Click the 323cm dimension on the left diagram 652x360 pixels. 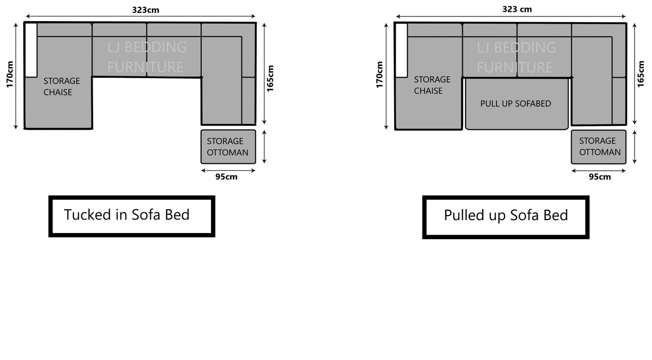pos(145,10)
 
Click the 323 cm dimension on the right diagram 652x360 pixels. pos(517,9)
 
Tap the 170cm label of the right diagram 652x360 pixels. pos(380,75)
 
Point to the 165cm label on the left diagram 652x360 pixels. pos(271,78)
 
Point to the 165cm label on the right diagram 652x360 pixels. pos(641,74)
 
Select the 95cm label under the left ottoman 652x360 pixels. pos(226,177)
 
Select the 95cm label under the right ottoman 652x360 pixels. pos(600,177)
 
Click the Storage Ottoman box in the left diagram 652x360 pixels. pos(228,147)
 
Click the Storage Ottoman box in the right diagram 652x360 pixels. pos(598,147)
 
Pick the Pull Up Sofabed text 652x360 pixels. pos(516,104)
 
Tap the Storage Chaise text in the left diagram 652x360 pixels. pos(61,86)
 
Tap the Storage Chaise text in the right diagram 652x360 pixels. pos(432,85)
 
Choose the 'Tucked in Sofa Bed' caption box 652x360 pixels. pos(131,216)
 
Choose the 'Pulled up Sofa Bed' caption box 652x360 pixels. pos(505,217)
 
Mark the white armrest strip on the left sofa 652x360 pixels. pos(31,50)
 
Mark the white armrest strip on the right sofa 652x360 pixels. pos(401,50)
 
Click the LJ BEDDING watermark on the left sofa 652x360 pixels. pos(147,47)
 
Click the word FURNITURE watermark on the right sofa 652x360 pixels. pos(514,67)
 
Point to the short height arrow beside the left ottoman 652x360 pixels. pos(265,147)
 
